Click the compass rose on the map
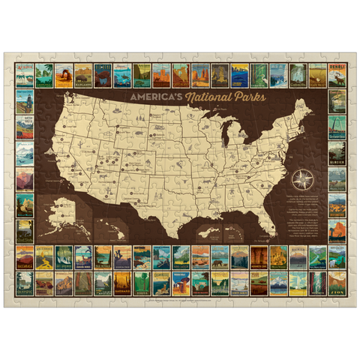click(303, 179)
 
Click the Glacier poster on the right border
click(336, 153)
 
